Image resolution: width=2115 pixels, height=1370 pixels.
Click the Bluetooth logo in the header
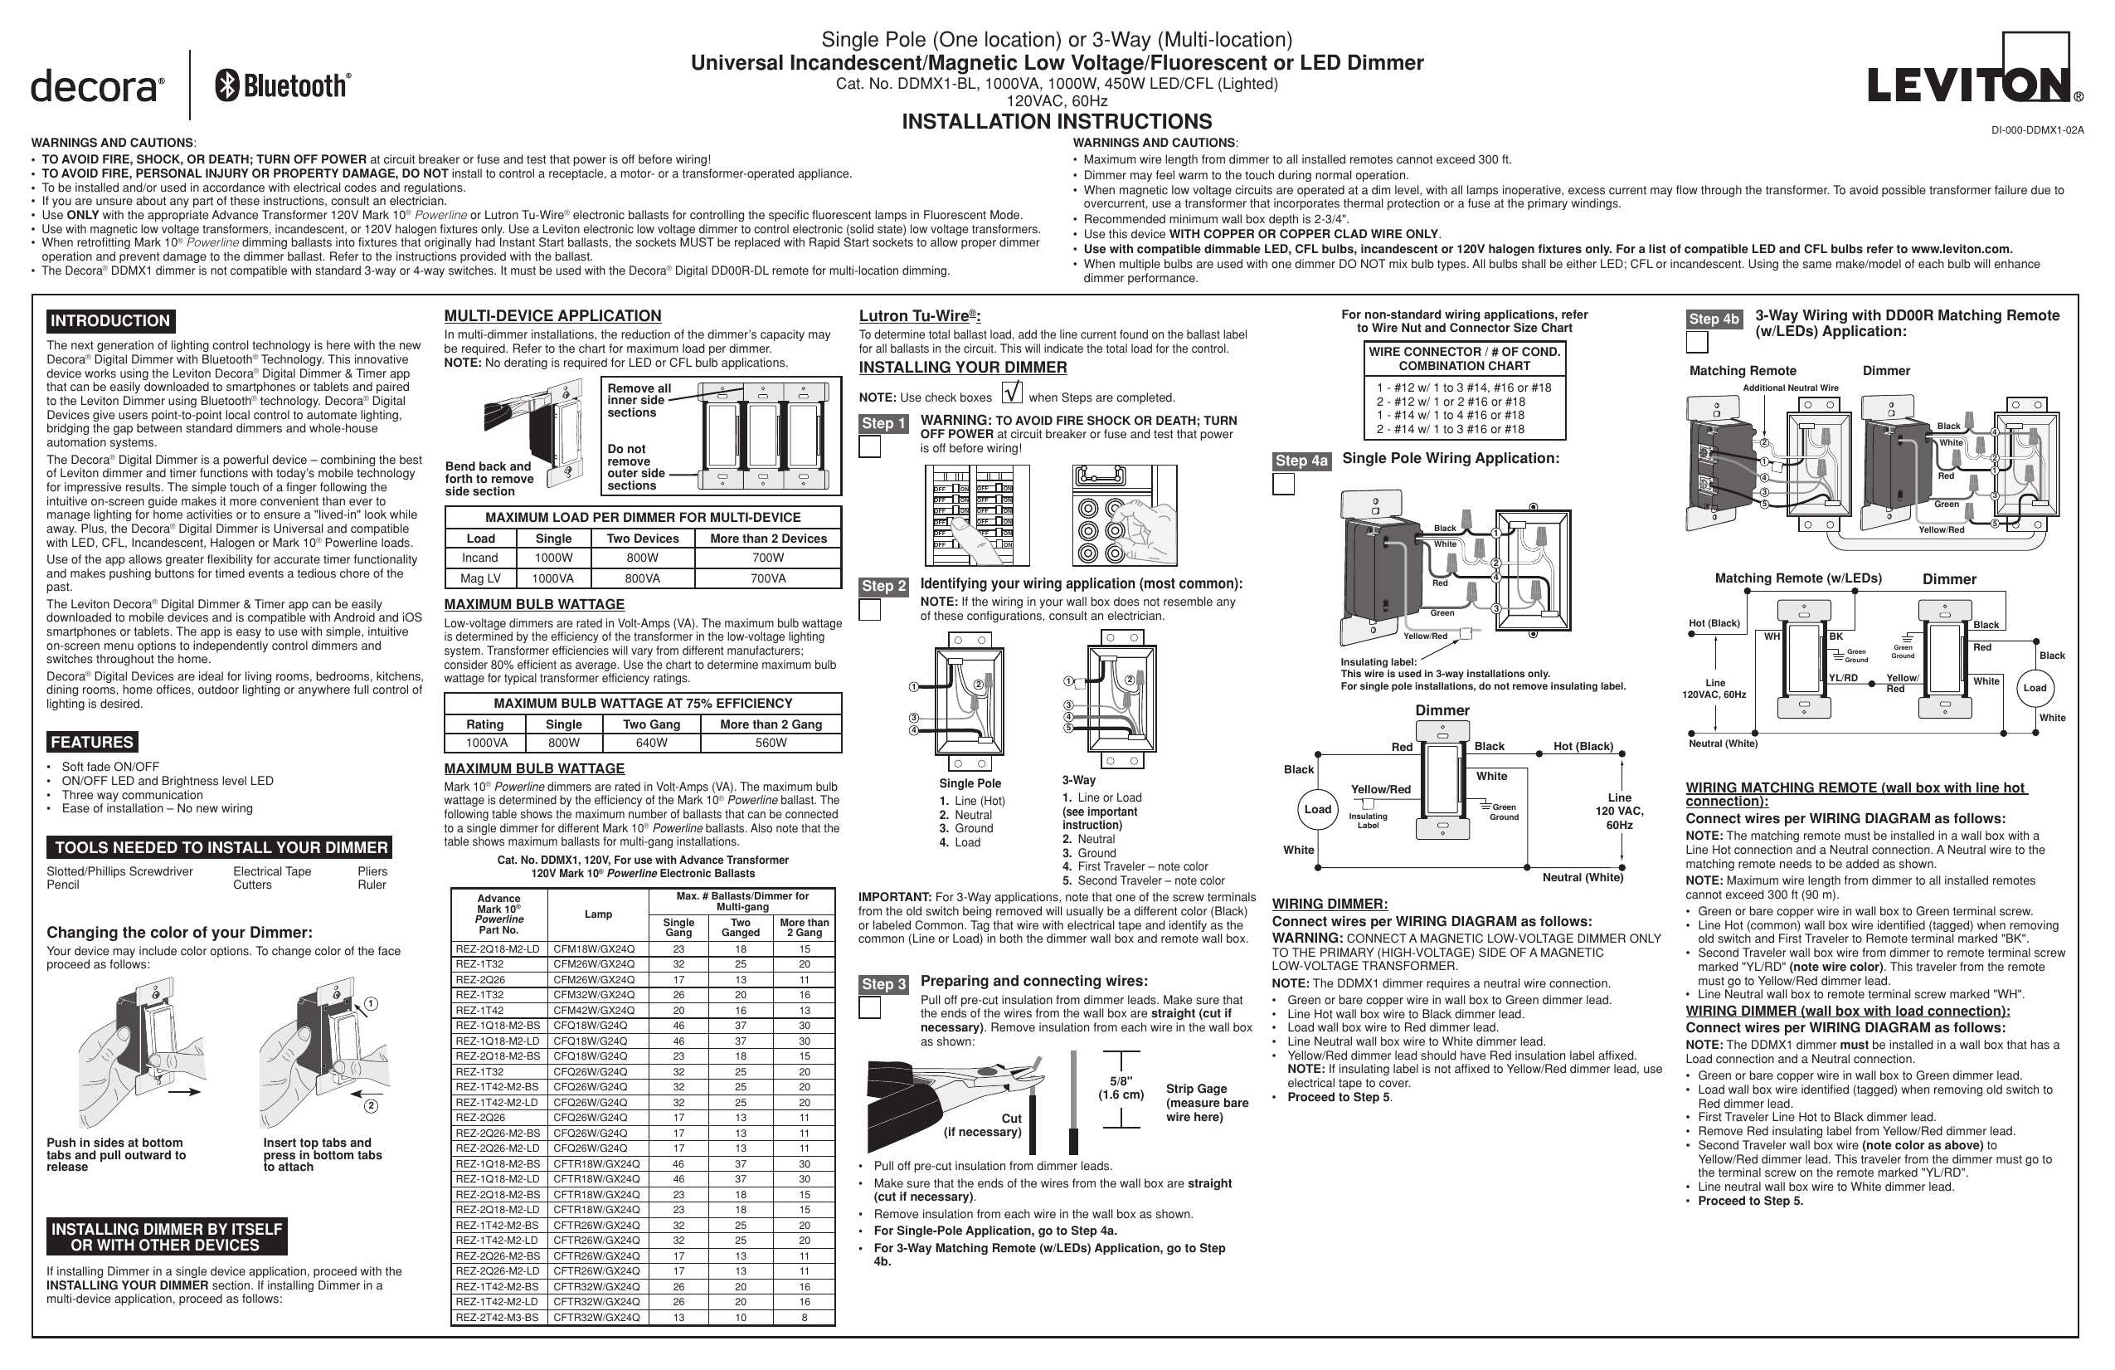(283, 85)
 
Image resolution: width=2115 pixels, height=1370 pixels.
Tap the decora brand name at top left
(97, 87)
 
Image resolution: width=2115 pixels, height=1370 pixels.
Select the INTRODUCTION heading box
(110, 321)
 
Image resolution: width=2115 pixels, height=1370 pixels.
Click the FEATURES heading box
(91, 742)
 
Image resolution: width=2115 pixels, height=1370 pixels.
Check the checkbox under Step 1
(870, 447)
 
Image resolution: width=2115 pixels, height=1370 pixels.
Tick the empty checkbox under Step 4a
(1283, 485)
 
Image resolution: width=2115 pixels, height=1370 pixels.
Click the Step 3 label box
(882, 984)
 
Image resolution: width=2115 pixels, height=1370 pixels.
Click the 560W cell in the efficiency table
(770, 744)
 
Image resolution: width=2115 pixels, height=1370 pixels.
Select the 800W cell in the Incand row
(642, 558)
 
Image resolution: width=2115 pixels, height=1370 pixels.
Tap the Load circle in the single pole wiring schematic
(1317, 809)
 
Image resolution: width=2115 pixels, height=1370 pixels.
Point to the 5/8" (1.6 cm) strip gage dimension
(1121, 1088)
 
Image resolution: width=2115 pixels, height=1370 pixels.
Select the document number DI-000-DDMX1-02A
(2037, 129)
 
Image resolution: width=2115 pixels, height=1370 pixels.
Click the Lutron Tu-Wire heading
(918, 315)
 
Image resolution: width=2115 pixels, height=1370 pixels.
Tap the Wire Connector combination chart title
(1464, 358)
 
